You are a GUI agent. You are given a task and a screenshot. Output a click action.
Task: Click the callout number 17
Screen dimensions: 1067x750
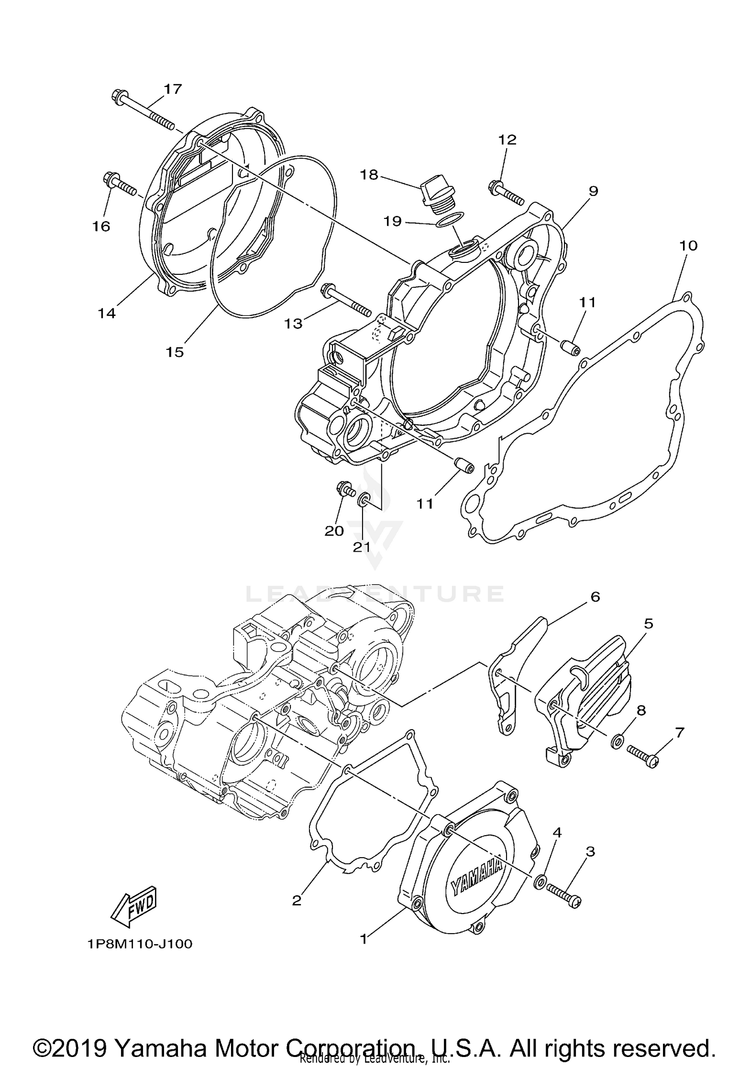pos(173,89)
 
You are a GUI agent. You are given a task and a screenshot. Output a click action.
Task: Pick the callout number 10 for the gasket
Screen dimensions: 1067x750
pos(688,245)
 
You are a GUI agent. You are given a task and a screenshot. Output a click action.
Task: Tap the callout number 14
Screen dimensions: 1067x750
pos(106,313)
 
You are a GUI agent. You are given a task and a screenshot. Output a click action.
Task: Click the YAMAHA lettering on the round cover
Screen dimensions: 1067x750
pos(477,878)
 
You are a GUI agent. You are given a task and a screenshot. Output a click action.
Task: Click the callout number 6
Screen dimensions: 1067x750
pos(594,597)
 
